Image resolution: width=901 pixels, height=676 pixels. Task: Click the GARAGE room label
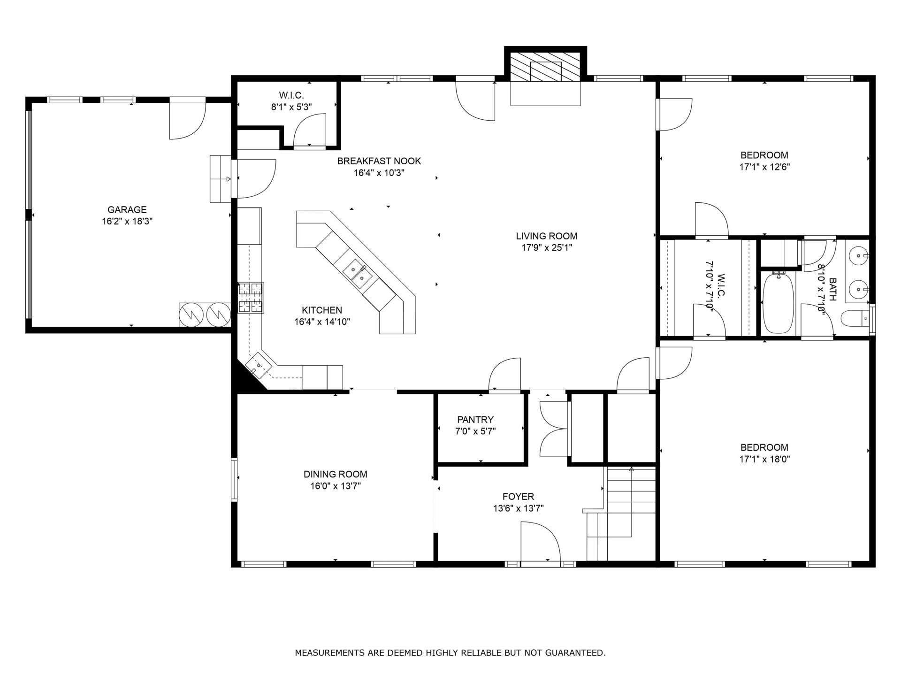127,210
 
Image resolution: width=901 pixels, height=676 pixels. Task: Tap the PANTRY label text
475,420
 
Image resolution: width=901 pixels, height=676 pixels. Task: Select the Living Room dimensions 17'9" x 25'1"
547,248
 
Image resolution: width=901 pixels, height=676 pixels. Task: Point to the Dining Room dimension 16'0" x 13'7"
335,486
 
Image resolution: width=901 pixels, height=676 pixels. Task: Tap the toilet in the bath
855,319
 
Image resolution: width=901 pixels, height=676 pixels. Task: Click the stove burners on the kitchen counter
251,297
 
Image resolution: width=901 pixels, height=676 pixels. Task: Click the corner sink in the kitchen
258,366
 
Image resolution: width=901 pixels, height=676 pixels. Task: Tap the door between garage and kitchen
255,179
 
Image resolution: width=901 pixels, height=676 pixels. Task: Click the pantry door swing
505,374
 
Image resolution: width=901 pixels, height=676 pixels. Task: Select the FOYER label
518,496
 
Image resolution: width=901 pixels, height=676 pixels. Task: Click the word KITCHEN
321,310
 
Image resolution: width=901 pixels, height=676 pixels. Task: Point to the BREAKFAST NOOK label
379,161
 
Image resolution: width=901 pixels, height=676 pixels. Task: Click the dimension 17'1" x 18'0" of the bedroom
764,459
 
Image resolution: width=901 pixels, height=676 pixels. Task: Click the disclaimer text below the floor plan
450,653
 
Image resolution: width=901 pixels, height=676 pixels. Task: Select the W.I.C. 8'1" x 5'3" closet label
291,101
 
